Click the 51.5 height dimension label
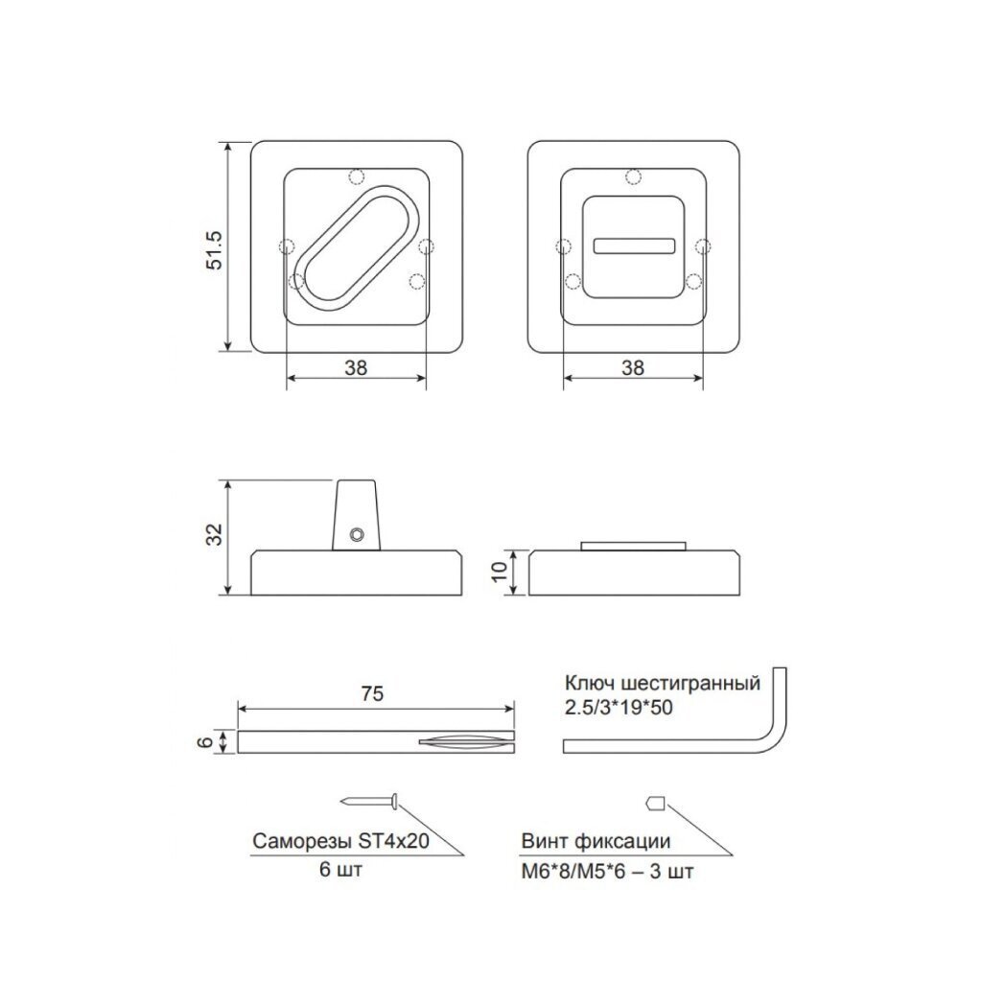pos(215,250)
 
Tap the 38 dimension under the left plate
pos(356,367)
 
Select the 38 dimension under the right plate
pos(633,367)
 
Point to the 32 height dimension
pos(215,534)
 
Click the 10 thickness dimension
pos(499,571)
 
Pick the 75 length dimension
pos(372,694)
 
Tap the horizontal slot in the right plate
pos(634,245)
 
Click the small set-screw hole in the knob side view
pos(357,533)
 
